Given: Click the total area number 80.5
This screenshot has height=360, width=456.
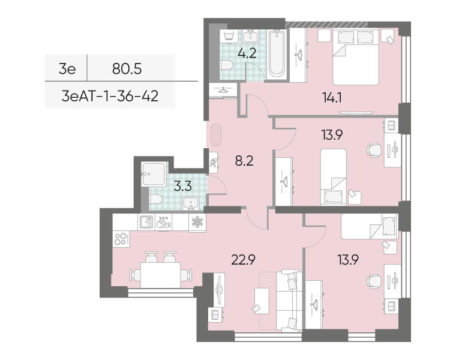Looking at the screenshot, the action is tap(127, 69).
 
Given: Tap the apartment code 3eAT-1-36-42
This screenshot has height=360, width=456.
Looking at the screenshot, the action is tap(110, 95).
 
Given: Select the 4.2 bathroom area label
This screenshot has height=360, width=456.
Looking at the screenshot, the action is tap(247, 53).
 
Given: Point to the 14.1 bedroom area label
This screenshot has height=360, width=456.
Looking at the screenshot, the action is tap(332, 97).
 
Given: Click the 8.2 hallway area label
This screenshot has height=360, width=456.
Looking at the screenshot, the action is tap(244, 161).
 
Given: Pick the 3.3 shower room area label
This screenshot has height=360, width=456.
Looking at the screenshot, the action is tap(182, 186).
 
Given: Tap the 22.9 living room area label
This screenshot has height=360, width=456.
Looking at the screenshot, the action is tap(243, 260).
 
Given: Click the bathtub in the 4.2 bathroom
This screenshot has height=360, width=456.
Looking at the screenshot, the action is tap(277, 54).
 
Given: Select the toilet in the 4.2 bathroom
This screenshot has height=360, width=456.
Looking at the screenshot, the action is tap(226, 65).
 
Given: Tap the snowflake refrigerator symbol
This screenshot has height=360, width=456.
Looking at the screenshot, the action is tap(197, 223).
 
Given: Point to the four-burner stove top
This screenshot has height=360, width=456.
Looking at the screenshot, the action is tap(121, 239).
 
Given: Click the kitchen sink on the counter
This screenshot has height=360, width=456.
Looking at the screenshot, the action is tap(146, 222).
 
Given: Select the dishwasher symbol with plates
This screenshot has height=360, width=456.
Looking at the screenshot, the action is tap(163, 223).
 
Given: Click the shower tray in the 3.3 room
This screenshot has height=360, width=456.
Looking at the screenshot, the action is tap(154, 174).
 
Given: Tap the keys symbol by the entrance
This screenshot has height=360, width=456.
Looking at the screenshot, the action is tap(213, 163).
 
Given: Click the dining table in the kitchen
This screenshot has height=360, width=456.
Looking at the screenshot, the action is tap(161, 275).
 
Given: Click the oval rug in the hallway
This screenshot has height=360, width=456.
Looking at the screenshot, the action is tap(216, 135).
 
